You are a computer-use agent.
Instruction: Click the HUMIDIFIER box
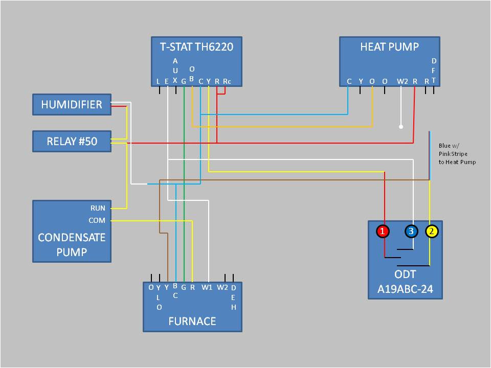tap(72, 105)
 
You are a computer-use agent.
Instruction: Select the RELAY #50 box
tap(72, 142)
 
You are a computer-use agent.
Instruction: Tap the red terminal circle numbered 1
tap(383, 232)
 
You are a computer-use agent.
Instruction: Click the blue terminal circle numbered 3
tap(411, 232)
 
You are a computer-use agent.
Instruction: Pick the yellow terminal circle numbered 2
tap(432, 232)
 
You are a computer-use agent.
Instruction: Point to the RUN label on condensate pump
tap(98, 208)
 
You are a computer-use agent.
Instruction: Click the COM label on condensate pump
tap(97, 220)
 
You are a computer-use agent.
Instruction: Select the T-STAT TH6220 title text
tap(196, 47)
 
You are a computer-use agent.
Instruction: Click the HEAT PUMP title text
tap(389, 47)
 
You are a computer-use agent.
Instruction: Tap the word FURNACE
tap(192, 321)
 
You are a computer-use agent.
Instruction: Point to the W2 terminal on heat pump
tap(403, 81)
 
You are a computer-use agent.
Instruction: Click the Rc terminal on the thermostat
tap(227, 81)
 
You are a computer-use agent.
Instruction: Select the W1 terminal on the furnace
tap(207, 287)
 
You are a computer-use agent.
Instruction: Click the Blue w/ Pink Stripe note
tap(457, 154)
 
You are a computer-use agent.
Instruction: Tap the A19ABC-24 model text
tap(405, 289)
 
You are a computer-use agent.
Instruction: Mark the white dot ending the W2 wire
tap(401, 126)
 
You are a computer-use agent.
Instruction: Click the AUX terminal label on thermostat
tap(175, 71)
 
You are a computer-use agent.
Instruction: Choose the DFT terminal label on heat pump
tap(434, 71)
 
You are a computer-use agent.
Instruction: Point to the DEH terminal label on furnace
tap(234, 297)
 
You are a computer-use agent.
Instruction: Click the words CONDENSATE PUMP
tap(72, 244)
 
